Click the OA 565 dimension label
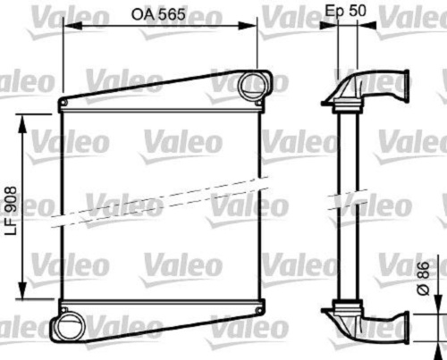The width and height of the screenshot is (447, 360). coord(158,14)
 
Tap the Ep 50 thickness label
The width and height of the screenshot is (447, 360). coord(345,11)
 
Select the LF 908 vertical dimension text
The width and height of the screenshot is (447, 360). coord(12,211)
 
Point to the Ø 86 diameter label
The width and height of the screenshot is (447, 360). coord(423,278)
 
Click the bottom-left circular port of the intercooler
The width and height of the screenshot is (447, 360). coord(68,327)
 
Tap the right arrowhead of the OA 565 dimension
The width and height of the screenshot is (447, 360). coord(248,27)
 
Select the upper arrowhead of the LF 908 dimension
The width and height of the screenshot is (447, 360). coord(22,122)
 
